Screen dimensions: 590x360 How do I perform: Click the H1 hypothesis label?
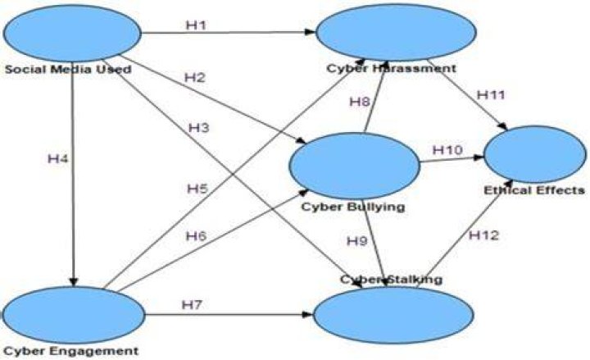(x=196, y=25)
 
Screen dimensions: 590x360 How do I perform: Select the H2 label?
(x=194, y=78)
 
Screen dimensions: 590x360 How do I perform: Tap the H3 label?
(x=198, y=128)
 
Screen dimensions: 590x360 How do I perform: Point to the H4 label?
(x=58, y=159)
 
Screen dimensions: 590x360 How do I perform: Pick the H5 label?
(x=197, y=189)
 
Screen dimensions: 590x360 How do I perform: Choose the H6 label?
(x=197, y=236)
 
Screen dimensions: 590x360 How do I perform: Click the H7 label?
(x=192, y=304)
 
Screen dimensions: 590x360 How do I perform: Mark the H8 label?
(x=360, y=102)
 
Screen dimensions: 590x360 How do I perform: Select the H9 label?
(x=356, y=240)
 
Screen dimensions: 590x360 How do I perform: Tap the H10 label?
(x=447, y=150)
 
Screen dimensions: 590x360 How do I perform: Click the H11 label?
(x=491, y=95)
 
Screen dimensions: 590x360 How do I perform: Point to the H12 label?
(x=484, y=235)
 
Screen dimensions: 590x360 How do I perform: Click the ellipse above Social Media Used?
(x=72, y=33)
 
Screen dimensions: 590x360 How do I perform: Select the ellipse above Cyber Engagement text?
(x=74, y=315)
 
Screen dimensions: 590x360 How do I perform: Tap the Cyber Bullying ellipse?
(x=355, y=166)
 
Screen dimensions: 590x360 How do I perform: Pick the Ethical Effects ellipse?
(x=534, y=154)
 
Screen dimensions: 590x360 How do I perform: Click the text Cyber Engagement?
(x=71, y=351)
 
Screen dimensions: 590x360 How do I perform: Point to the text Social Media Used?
(x=68, y=69)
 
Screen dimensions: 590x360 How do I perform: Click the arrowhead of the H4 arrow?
(x=74, y=282)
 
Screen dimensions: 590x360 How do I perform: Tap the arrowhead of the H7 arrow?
(x=309, y=314)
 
